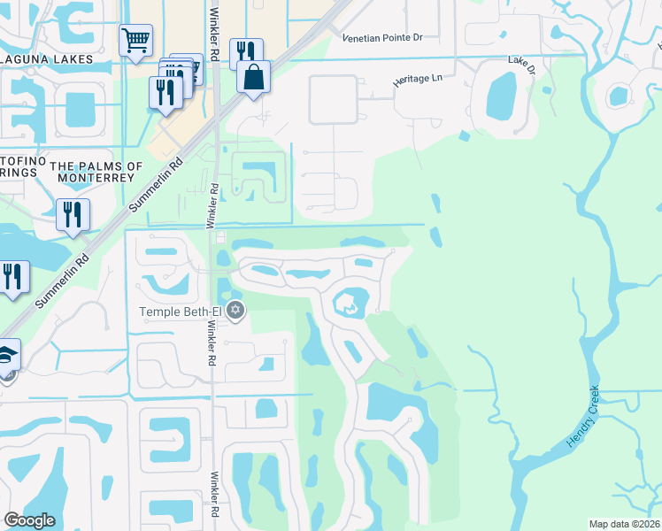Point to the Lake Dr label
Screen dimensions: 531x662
point(519,61)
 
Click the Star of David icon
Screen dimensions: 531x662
point(235,310)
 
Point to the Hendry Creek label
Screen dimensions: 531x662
point(583,416)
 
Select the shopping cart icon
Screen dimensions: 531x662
point(135,39)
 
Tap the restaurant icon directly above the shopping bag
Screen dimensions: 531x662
point(245,51)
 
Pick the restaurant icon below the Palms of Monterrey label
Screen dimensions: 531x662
point(73,213)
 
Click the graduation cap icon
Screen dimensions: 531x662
point(7,356)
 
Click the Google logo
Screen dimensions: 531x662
point(29,520)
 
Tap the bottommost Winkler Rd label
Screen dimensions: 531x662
point(213,493)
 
